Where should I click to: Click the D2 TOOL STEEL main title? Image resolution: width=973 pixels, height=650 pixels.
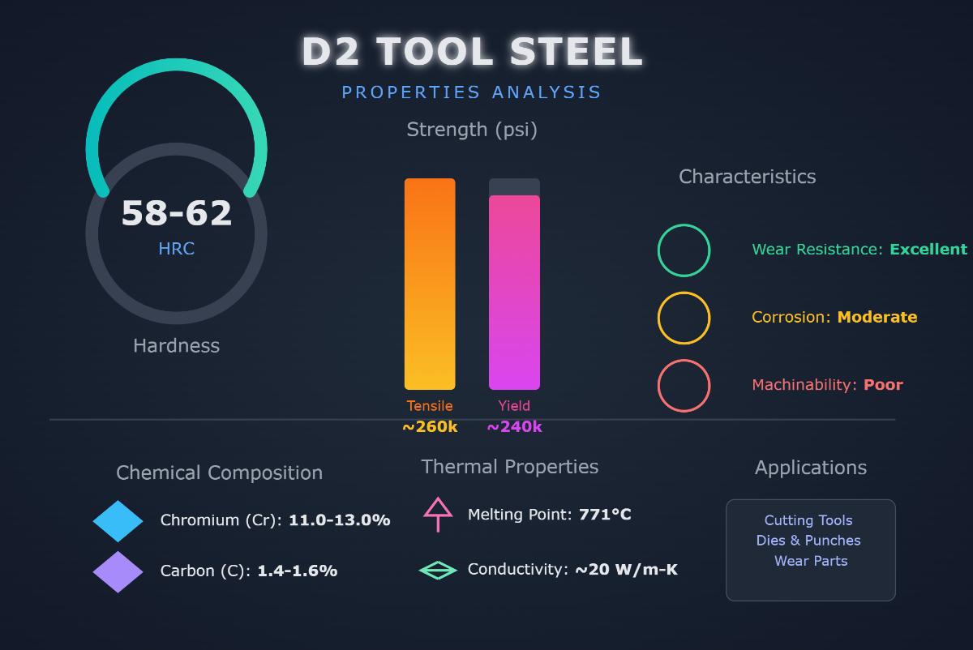tap(472, 52)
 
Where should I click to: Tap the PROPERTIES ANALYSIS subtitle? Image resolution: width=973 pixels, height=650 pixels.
tap(471, 92)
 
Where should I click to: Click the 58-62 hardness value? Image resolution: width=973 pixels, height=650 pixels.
tap(177, 214)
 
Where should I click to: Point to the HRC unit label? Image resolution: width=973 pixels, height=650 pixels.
tap(176, 249)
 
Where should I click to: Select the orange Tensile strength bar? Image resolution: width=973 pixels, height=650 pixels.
tap(430, 284)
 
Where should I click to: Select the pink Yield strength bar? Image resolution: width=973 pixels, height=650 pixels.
tap(514, 292)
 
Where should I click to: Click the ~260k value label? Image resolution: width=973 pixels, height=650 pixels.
tap(430, 427)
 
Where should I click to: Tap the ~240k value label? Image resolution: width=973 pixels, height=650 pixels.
tap(514, 427)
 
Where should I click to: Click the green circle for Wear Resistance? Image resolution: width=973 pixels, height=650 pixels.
tap(684, 250)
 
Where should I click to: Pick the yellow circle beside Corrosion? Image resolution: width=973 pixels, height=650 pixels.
tap(684, 318)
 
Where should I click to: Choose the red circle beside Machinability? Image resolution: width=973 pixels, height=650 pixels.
tap(684, 386)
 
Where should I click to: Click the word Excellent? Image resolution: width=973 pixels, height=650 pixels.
tap(928, 250)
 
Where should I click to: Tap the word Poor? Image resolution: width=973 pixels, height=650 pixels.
tap(883, 385)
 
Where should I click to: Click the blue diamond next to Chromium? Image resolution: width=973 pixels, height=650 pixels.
tap(118, 521)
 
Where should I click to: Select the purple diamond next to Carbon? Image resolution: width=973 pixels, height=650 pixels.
tap(118, 572)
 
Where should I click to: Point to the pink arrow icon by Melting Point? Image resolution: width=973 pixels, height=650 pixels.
tap(438, 514)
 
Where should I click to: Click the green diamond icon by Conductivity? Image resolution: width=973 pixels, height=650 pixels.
tap(438, 571)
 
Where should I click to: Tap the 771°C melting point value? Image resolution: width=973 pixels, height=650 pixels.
tap(605, 515)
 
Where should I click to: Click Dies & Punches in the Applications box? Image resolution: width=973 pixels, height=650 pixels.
tap(808, 541)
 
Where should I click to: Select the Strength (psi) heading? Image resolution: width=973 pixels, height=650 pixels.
tap(471, 130)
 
